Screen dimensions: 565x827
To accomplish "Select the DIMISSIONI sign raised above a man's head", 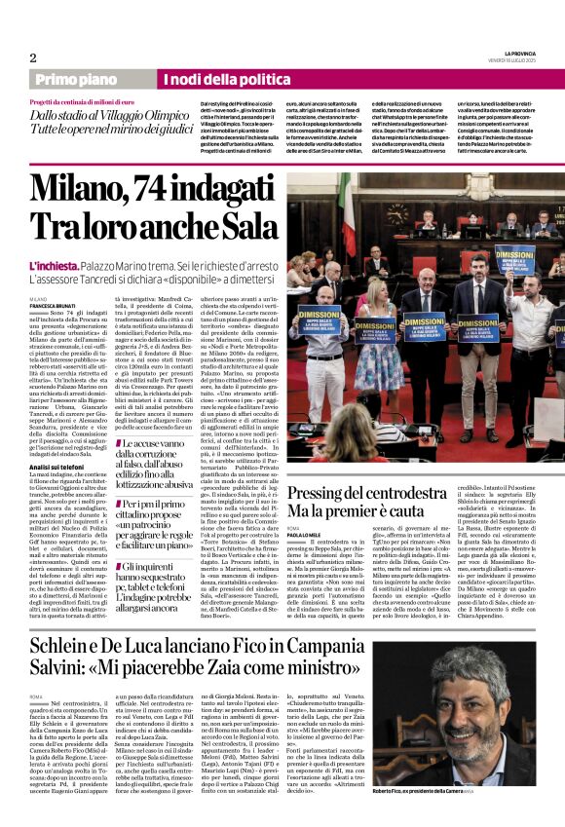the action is (x=514, y=260).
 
